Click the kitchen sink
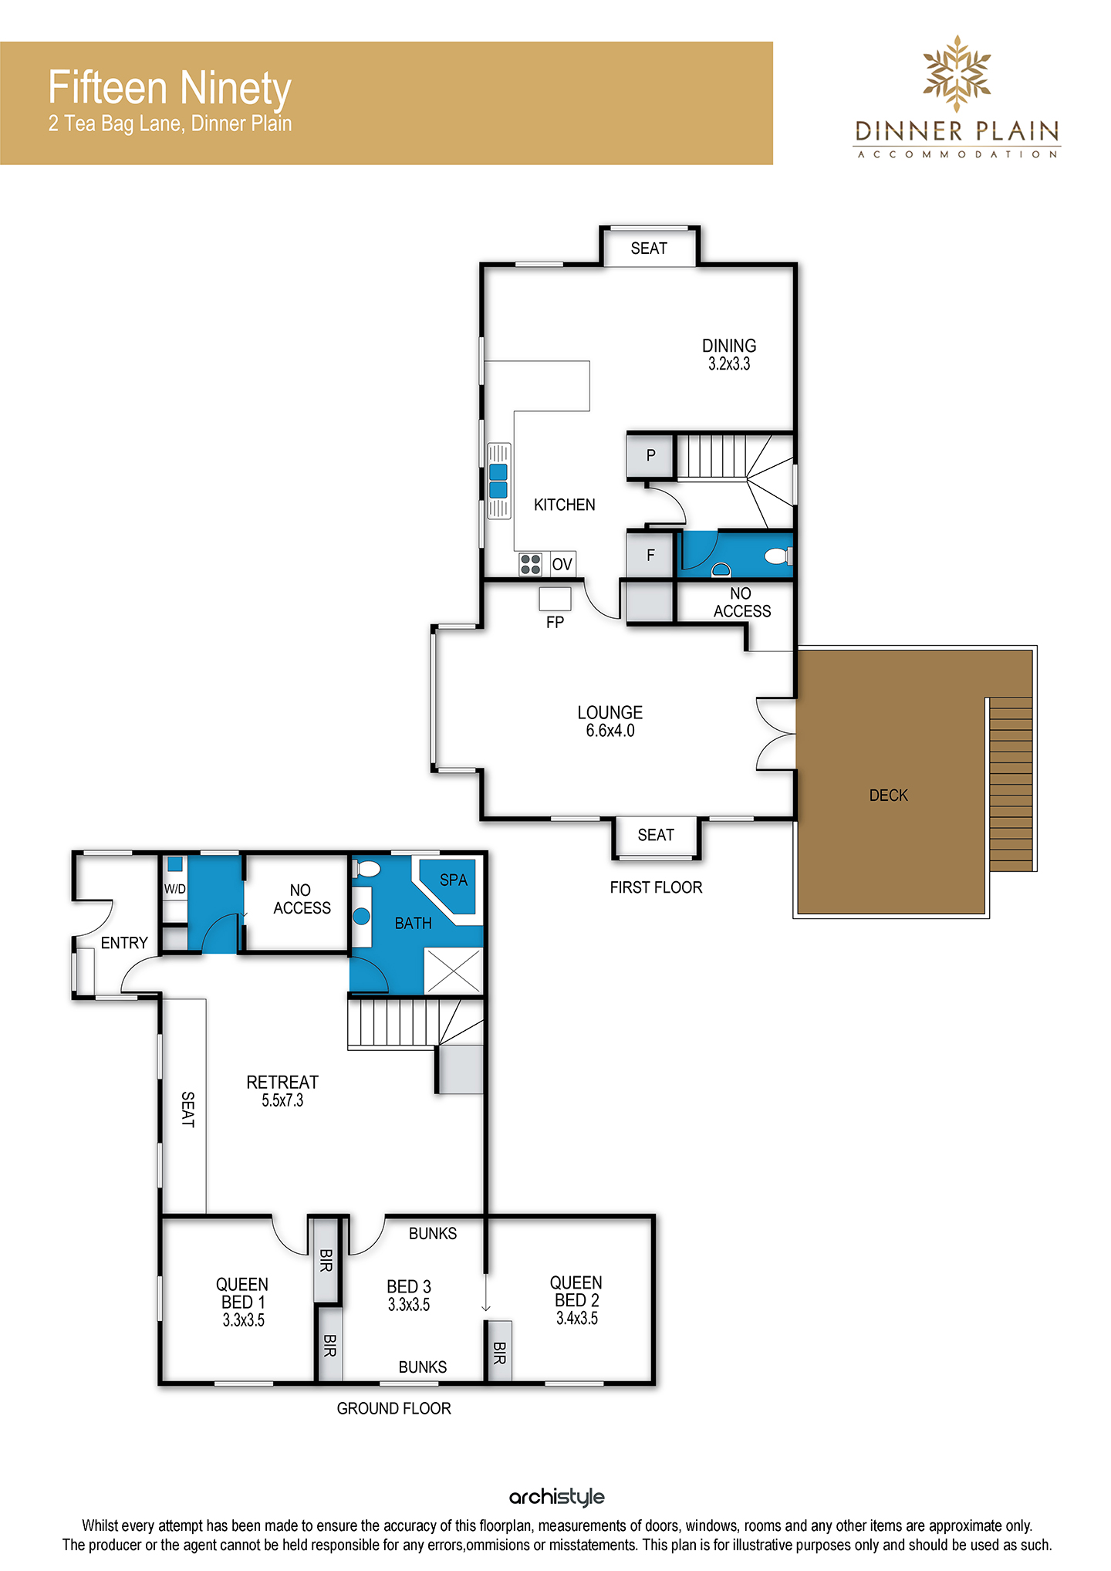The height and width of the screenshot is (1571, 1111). (x=499, y=481)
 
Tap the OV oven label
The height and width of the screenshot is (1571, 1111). (x=562, y=564)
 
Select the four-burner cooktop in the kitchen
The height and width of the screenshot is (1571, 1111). (x=530, y=564)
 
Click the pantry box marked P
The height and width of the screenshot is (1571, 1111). (x=650, y=455)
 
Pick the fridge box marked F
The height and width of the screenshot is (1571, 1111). (x=650, y=555)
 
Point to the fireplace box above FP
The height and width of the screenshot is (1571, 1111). (x=555, y=599)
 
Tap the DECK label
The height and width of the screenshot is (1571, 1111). (x=888, y=796)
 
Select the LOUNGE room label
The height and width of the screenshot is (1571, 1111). (x=610, y=712)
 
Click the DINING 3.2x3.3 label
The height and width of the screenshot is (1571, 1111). (x=729, y=355)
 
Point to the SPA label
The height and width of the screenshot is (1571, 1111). (x=454, y=880)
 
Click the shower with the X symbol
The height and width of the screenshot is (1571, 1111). (x=454, y=971)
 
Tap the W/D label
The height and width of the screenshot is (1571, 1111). (x=175, y=889)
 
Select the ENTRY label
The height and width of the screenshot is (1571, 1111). (x=124, y=943)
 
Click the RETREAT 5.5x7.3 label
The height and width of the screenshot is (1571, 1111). (x=282, y=1091)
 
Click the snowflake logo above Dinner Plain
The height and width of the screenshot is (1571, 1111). (x=957, y=73)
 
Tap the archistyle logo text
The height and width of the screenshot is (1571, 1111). (x=557, y=1498)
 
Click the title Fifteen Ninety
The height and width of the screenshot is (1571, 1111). (x=170, y=88)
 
